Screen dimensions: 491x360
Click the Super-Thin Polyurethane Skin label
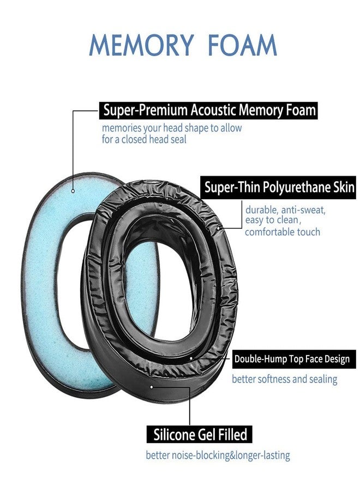click(279, 188)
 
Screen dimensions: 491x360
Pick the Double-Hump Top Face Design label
click(291, 360)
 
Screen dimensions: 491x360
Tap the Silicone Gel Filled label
click(200, 435)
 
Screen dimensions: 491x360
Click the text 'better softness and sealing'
click(284, 379)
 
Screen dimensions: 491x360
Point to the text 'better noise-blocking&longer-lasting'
click(218, 455)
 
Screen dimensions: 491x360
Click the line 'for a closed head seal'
click(144, 140)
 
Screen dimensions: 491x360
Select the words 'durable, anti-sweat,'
click(285, 209)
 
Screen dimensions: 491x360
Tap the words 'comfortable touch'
click(282, 232)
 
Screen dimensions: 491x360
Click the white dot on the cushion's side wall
click(152, 386)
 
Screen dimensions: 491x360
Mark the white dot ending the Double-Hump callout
click(191, 359)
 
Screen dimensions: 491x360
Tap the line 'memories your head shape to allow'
click(171, 128)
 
